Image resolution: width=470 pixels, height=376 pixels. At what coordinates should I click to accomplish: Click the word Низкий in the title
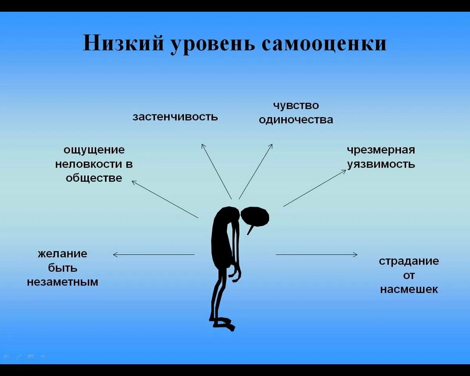click(x=123, y=43)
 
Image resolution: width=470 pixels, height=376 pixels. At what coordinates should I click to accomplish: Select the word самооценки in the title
click(x=324, y=43)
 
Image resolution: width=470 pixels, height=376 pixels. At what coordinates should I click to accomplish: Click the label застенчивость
click(x=175, y=117)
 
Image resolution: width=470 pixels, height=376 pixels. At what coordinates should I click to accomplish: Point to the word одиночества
click(x=296, y=119)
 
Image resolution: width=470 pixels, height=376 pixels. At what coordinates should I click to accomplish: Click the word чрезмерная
click(x=381, y=150)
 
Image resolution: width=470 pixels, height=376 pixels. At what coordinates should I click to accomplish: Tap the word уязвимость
click(x=381, y=164)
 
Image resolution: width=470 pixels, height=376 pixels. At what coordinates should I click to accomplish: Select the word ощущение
click(x=94, y=150)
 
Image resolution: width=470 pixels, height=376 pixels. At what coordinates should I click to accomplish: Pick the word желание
click(x=63, y=253)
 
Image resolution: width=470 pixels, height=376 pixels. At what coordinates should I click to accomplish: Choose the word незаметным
click(x=63, y=282)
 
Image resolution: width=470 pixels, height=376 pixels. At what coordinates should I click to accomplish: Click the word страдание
click(x=409, y=261)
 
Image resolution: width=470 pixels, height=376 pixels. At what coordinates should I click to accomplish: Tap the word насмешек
click(x=409, y=289)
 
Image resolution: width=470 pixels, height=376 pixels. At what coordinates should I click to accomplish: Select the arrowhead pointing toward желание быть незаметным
click(x=115, y=255)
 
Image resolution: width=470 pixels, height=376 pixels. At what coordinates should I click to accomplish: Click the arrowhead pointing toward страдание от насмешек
click(x=356, y=255)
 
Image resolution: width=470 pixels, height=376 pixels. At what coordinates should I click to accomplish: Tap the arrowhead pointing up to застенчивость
click(x=203, y=146)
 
